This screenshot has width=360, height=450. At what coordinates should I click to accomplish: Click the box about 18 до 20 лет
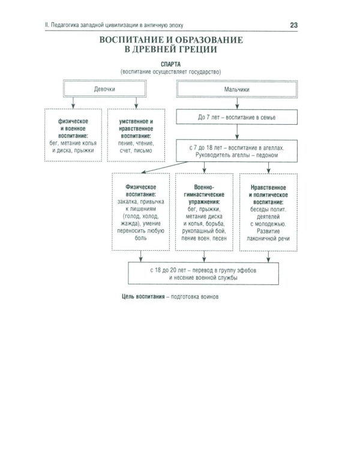[204, 274]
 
